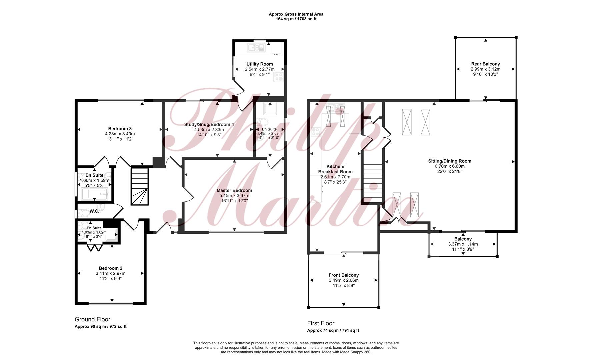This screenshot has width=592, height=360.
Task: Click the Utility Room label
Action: coord(260,64)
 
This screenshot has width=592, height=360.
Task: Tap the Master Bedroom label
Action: coord(234,190)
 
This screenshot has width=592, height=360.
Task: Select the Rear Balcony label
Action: coord(486,64)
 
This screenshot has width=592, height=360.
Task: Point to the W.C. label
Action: coord(94,211)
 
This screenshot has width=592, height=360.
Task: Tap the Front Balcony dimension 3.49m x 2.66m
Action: coord(344,280)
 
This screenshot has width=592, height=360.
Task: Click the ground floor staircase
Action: coord(139,187)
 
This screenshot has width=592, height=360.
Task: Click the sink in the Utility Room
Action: coord(256,48)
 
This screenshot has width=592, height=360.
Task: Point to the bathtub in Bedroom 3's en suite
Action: coord(95,193)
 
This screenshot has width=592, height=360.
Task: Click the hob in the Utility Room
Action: coord(278,77)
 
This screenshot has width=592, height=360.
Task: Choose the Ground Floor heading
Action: coord(92,319)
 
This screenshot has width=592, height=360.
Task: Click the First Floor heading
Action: coord(321,323)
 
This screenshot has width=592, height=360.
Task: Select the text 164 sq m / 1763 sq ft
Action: coord(296,19)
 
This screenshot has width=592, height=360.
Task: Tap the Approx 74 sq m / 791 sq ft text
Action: coord(333,331)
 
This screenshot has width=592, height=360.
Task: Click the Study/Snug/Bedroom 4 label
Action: coord(209,124)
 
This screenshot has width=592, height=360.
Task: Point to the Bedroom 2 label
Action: coord(111,268)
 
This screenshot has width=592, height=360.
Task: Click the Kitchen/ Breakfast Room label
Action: coord(335,169)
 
